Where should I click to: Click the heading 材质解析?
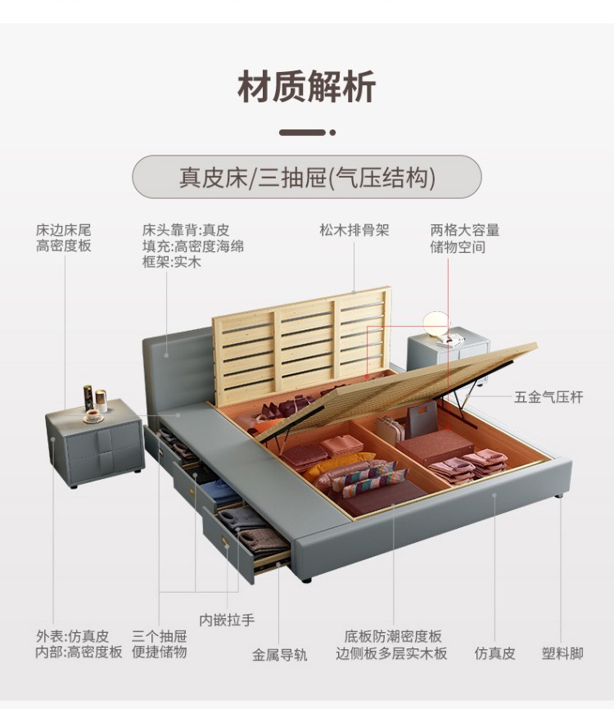pyautogui.click(x=307, y=88)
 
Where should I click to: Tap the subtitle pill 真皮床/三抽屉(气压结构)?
pyautogui.click(x=307, y=178)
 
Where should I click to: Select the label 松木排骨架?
pyautogui.click(x=354, y=230)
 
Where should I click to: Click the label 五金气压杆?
pyautogui.click(x=549, y=397)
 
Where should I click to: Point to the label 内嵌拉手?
pyautogui.click(x=227, y=620)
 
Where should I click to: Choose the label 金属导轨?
pyautogui.click(x=279, y=655)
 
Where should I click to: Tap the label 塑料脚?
pyautogui.click(x=562, y=653)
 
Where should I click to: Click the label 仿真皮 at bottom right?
pyautogui.click(x=495, y=653)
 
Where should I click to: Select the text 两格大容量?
pyautogui.click(x=465, y=230)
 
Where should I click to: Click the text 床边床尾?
pyautogui.click(x=64, y=230)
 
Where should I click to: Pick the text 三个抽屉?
pyautogui.click(x=159, y=636)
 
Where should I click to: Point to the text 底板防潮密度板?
pyautogui.click(x=393, y=636)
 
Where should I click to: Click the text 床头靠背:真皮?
pyautogui.click(x=186, y=230)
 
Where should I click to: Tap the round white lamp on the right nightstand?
pyautogui.click(x=434, y=320)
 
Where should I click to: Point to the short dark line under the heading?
pyautogui.click(x=302, y=132)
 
